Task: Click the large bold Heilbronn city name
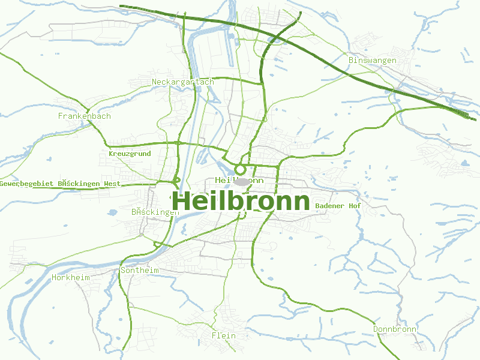[x=241, y=202]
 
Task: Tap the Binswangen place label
[x=373, y=61]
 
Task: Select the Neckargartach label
[x=183, y=82]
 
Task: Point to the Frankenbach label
[x=85, y=116]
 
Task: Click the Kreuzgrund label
[x=130, y=154]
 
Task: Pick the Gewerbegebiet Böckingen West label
[x=60, y=184]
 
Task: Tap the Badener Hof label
[x=338, y=206]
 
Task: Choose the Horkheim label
[x=70, y=277]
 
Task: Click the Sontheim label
[x=140, y=271]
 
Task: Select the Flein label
[x=224, y=335]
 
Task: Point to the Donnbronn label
[x=395, y=329]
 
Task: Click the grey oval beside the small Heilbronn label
[x=242, y=181]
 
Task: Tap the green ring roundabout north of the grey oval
[x=241, y=170]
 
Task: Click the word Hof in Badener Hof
[x=353, y=206]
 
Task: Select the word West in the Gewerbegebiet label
[x=112, y=184]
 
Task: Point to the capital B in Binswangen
[x=351, y=61]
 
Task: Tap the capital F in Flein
[x=214, y=335]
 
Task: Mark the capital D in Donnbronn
[x=376, y=329]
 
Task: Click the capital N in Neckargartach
[x=155, y=82]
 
